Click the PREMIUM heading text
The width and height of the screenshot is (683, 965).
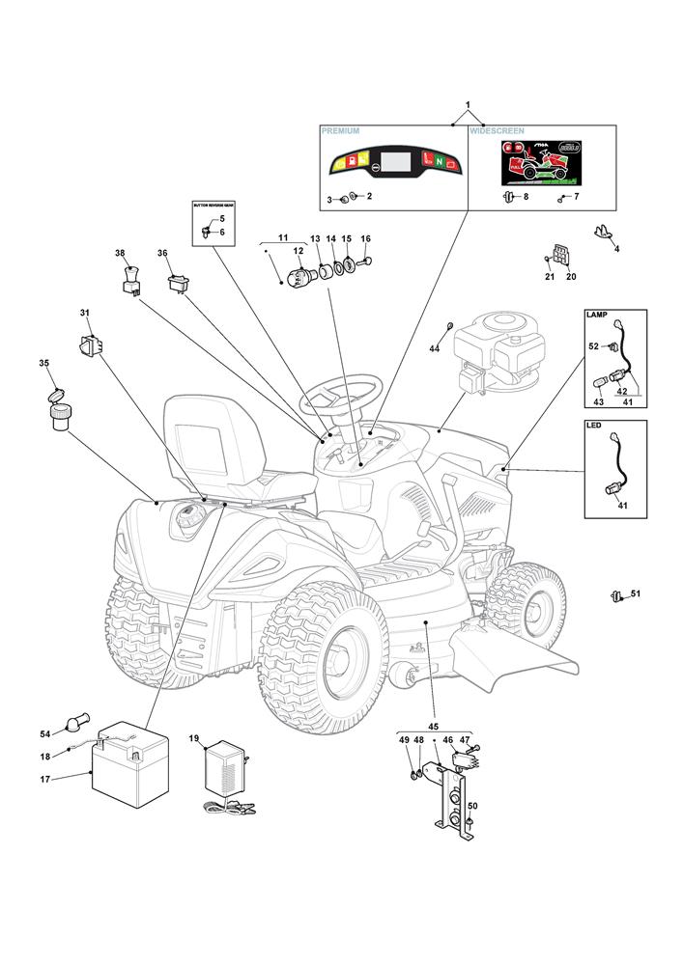coord(340,130)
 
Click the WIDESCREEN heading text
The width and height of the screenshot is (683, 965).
coord(498,130)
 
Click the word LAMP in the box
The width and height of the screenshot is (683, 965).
coord(596,316)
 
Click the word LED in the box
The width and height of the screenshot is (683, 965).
coord(594,425)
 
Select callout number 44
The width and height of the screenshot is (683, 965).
coord(435,347)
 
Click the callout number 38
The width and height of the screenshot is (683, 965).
coord(121,254)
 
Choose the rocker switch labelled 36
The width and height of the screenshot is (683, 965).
coord(177,283)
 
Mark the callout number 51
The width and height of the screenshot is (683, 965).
coord(636,593)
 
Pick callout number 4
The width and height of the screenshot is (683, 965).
coord(617,249)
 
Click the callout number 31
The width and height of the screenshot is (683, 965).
coord(84,313)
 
